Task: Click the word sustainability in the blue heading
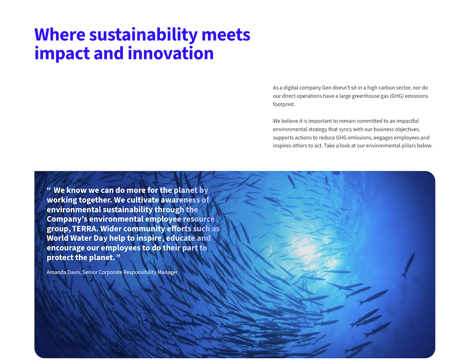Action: pos(143,34)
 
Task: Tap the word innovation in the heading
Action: pos(171,54)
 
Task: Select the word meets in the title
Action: pos(226,34)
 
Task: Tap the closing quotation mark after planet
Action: pos(118,256)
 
